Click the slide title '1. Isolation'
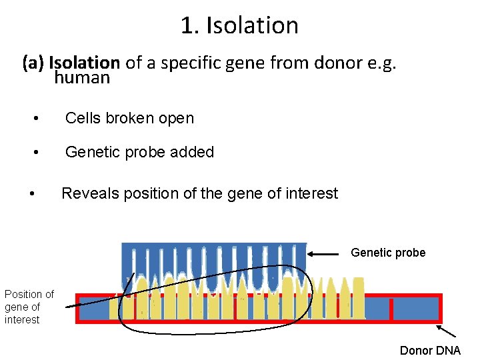(239, 25)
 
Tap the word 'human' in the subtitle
(82, 78)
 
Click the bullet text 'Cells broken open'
(129, 119)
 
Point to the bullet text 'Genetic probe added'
(139, 152)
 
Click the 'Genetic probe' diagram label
(387, 253)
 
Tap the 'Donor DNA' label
(429, 351)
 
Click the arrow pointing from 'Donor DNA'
(447, 331)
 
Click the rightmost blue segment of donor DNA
(415, 309)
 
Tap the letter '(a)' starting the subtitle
(33, 63)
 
